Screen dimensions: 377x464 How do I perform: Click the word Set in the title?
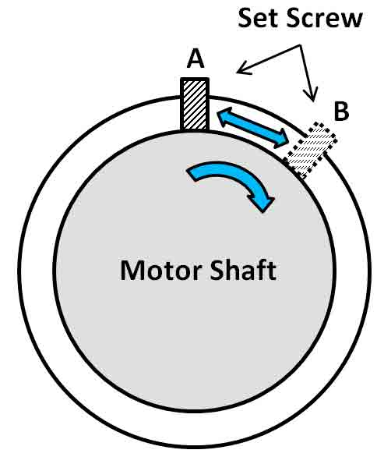258,19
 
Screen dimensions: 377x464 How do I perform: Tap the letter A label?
196,58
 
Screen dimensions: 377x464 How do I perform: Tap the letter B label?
341,112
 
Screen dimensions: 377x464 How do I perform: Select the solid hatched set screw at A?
195,104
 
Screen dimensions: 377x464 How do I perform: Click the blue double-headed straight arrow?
253,128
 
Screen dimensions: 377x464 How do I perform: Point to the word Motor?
161,270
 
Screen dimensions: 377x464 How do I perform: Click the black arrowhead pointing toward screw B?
311,95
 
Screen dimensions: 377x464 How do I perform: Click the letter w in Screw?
352,21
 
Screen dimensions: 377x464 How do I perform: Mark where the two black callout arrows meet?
300,45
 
